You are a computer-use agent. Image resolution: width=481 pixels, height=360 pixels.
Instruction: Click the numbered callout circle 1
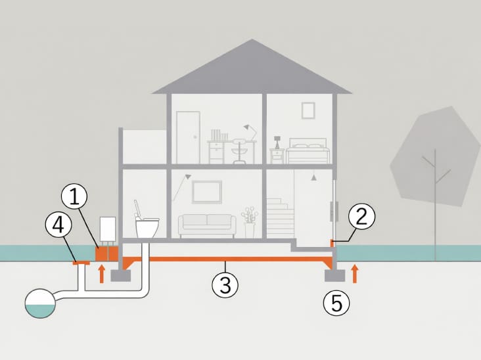pyautogui.click(x=74, y=197)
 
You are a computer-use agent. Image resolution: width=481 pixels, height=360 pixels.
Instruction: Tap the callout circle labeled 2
pyautogui.click(x=361, y=216)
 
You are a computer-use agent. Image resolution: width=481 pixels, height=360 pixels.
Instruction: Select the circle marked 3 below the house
pyautogui.click(x=225, y=285)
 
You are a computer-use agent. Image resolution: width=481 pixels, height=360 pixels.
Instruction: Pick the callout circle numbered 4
pyautogui.click(x=58, y=225)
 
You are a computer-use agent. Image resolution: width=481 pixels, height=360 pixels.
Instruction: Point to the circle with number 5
pyautogui.click(x=336, y=303)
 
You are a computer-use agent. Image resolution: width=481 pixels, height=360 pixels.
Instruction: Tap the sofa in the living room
pyautogui.click(x=208, y=226)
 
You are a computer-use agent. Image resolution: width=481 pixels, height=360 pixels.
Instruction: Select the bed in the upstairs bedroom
pyautogui.click(x=308, y=151)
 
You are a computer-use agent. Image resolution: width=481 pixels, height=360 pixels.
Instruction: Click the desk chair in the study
pyautogui.click(x=239, y=151)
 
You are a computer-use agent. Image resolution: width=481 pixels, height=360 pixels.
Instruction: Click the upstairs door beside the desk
pyautogui.click(x=189, y=137)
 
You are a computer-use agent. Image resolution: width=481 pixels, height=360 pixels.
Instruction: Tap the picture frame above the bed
pyautogui.click(x=308, y=111)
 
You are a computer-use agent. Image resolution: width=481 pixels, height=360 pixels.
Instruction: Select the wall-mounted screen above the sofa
pyautogui.click(x=207, y=192)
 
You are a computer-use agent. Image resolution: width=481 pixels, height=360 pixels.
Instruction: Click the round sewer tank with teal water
pyautogui.click(x=40, y=304)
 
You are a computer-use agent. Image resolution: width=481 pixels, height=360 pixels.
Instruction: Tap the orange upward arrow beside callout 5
pyautogui.click(x=355, y=274)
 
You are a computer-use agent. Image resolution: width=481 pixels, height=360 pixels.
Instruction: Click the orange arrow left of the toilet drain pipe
pyautogui.click(x=102, y=274)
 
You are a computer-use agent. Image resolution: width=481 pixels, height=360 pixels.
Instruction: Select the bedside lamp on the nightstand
pyautogui.click(x=277, y=143)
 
